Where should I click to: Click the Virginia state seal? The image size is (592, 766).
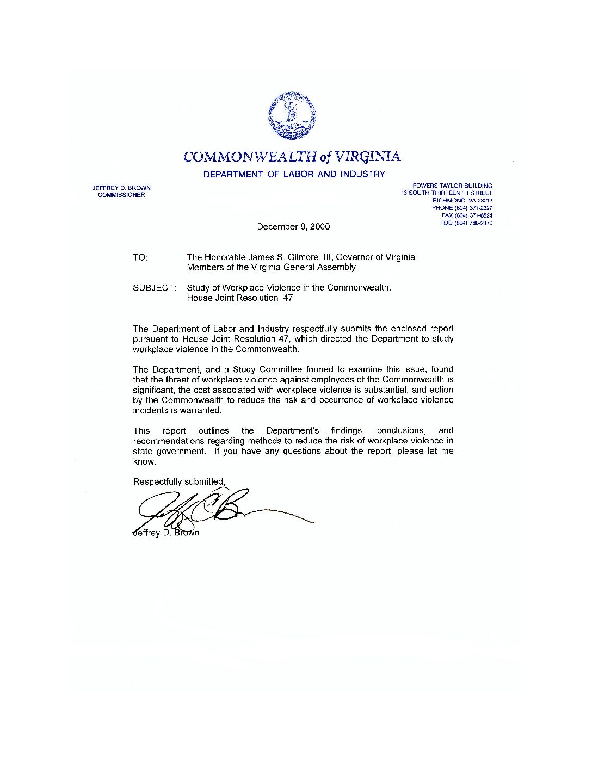(x=292, y=115)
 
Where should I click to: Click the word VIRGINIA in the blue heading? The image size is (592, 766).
(x=367, y=157)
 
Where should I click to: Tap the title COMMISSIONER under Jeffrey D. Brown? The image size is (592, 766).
(x=121, y=195)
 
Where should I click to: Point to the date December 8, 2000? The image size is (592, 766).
(x=293, y=226)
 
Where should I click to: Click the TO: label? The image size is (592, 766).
(x=140, y=257)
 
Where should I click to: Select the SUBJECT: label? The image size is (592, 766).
(x=154, y=288)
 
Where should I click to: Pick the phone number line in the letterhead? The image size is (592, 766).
(x=462, y=208)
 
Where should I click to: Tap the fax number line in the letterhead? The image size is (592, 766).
(x=467, y=215)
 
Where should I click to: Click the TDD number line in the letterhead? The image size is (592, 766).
(x=466, y=223)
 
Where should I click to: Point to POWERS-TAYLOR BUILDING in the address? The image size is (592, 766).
(x=452, y=186)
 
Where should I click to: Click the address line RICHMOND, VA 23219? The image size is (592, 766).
(x=462, y=200)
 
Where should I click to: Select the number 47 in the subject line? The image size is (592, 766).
(x=287, y=298)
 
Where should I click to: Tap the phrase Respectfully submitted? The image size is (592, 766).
(x=179, y=482)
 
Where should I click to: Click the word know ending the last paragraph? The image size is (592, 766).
(x=144, y=462)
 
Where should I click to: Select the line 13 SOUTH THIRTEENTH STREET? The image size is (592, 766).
(x=447, y=193)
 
